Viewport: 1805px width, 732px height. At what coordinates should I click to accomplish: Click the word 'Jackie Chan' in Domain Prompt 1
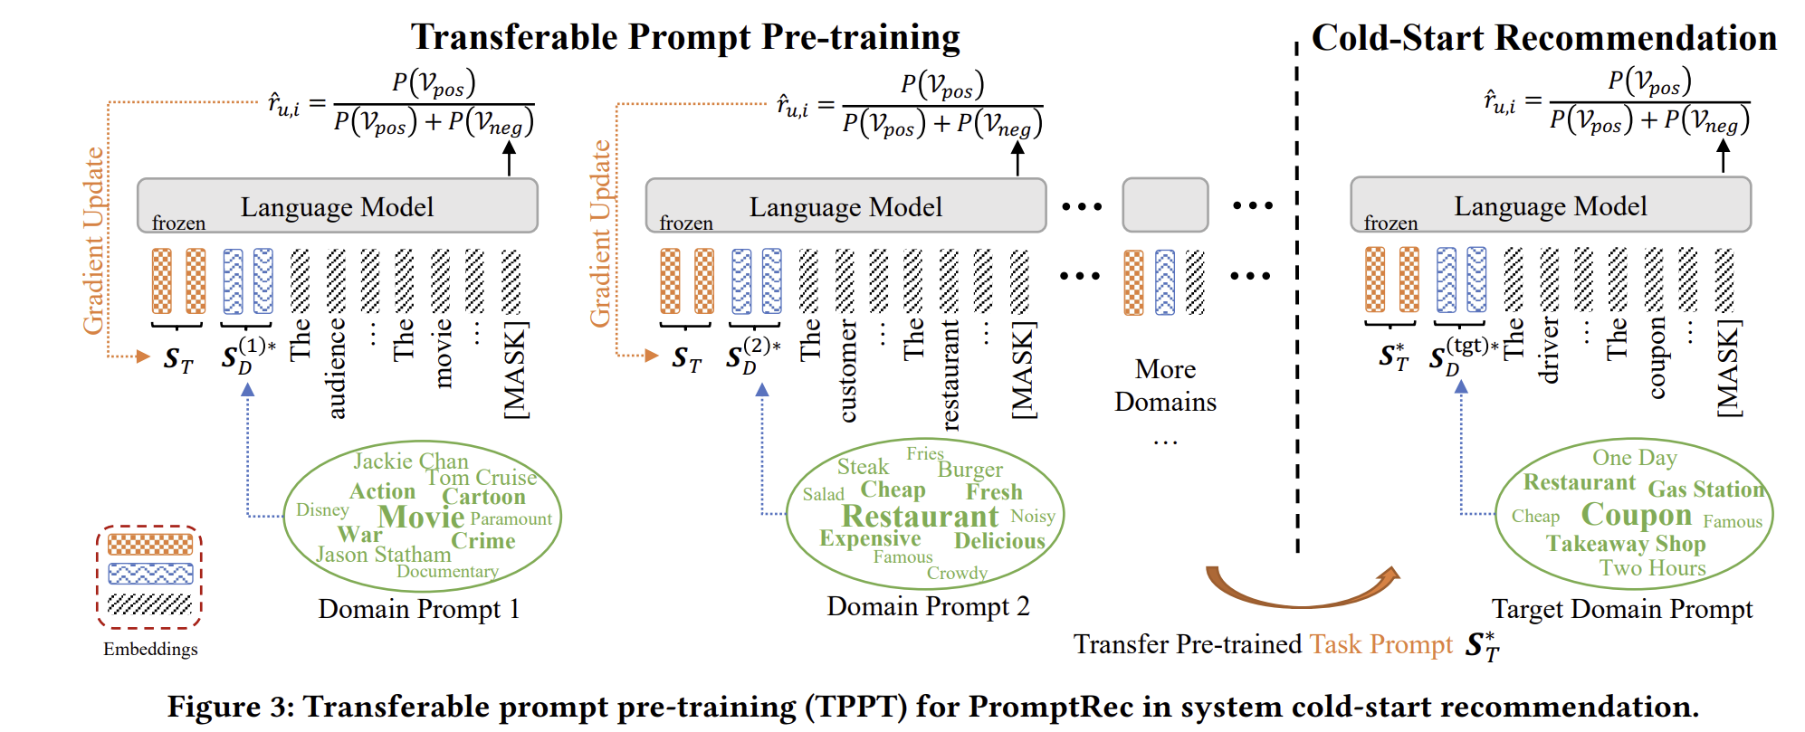click(x=410, y=461)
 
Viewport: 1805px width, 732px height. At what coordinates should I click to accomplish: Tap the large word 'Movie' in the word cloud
click(x=421, y=517)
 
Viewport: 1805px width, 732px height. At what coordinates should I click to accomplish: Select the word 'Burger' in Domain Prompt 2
click(x=969, y=470)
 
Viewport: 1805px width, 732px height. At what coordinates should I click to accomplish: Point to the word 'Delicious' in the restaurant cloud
click(x=999, y=541)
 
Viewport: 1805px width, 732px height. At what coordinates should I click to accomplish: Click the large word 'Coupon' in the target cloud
click(x=1636, y=514)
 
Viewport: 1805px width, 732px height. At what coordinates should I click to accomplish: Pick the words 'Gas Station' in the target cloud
click(x=1705, y=490)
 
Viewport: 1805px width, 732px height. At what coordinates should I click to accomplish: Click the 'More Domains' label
click(x=1165, y=385)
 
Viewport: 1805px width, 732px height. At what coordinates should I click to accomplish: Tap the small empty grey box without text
click(x=1165, y=205)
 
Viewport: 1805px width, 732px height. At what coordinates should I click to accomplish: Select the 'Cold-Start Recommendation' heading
click(x=1543, y=38)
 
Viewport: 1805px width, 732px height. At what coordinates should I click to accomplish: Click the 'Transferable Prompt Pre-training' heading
click(x=685, y=37)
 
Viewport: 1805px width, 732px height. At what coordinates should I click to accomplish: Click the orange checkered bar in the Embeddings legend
click(x=150, y=545)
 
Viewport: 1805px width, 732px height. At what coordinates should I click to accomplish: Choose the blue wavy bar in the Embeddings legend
click(x=150, y=574)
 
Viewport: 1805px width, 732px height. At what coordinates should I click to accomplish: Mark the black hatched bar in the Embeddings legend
click(x=150, y=604)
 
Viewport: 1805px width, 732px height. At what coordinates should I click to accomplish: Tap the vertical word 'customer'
click(x=846, y=371)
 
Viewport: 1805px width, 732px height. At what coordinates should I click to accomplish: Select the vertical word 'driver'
click(x=1549, y=350)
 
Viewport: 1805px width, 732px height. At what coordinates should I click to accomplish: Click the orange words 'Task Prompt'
click(x=1380, y=644)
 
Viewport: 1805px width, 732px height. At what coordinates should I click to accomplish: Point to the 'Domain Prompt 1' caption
click(x=419, y=609)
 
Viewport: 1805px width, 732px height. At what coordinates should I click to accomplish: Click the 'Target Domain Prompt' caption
click(x=1621, y=609)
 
